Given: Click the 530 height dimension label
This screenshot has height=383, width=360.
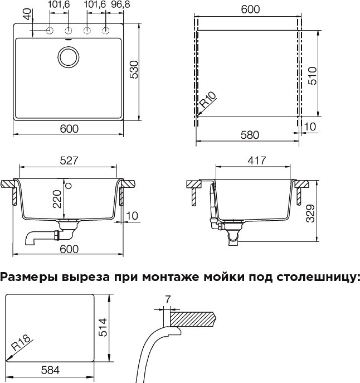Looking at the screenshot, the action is click(x=134, y=70).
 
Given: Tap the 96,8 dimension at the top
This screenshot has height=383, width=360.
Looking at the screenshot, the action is click(x=120, y=4).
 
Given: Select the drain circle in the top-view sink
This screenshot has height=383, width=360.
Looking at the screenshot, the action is click(x=69, y=56).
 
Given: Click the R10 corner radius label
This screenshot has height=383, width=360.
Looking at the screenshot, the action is click(x=208, y=100).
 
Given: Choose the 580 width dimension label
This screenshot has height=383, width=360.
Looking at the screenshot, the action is click(x=250, y=135).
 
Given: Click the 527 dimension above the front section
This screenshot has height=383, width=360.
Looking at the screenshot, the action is click(x=69, y=161).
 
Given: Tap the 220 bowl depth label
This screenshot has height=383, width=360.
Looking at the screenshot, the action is click(x=57, y=199).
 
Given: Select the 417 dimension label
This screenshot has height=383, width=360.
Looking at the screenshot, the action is click(x=257, y=161).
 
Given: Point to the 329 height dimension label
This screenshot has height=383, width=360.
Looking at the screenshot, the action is click(x=310, y=213).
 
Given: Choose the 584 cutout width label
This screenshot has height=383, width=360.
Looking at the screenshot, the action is click(x=50, y=370).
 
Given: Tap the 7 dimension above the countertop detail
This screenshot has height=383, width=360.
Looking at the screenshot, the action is click(x=167, y=299).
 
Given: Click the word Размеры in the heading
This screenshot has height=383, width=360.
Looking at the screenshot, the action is click(x=30, y=278).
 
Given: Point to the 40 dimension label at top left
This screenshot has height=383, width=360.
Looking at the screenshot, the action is click(x=28, y=14).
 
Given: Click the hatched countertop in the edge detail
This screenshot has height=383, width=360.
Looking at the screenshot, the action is click(x=193, y=319).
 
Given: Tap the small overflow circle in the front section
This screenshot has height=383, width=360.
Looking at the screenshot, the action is click(x=69, y=186).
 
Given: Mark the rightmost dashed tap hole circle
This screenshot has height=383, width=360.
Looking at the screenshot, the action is click(x=105, y=31).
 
